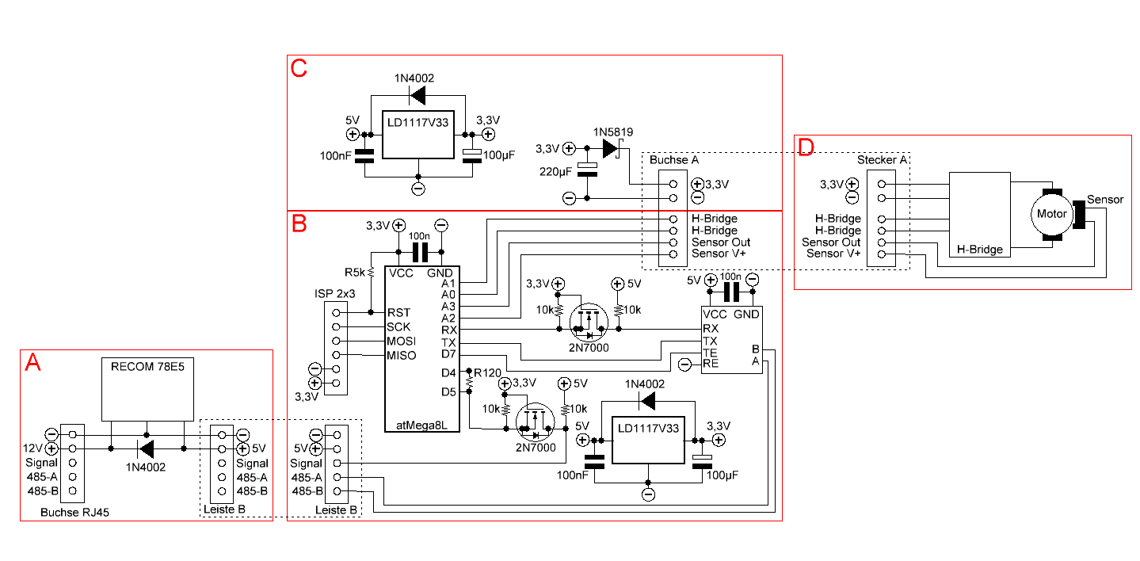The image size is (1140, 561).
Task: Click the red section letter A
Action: tap(32, 363)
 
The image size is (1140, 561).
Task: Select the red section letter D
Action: tap(806, 147)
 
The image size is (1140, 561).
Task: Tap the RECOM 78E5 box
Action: tap(148, 388)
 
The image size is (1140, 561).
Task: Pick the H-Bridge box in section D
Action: tap(978, 214)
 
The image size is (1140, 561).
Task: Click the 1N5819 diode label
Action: tap(612, 132)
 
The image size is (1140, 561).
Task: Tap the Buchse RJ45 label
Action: tap(74, 513)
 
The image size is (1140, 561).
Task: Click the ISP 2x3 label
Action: tap(334, 294)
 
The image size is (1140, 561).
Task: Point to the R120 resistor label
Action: tap(487, 372)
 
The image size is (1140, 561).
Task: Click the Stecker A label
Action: tap(882, 161)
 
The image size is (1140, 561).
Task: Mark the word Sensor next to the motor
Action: tap(1105, 199)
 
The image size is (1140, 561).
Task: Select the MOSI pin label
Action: tap(402, 341)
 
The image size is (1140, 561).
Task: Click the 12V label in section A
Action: tap(33, 448)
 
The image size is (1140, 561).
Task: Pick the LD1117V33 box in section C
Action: tap(417, 134)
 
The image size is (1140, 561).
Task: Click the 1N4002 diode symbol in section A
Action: tap(147, 449)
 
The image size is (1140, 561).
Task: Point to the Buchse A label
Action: tap(673, 161)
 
